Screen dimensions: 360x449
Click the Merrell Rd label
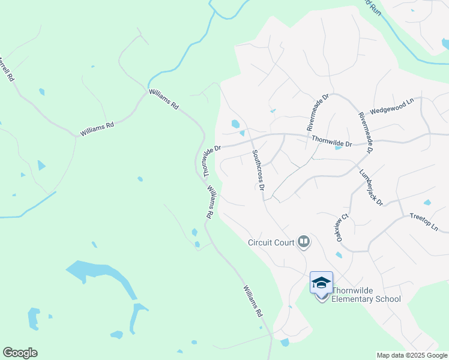6,68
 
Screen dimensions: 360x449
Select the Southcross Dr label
259,170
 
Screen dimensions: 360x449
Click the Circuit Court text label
271,242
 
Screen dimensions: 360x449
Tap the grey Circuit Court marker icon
304,242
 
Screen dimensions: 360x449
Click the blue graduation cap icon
321,282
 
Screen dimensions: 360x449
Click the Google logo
20,353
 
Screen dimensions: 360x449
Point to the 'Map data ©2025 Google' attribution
412,355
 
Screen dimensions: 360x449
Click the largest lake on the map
99,276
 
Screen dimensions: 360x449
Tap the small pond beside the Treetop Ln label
427,203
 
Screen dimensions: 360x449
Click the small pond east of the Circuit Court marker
339,256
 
